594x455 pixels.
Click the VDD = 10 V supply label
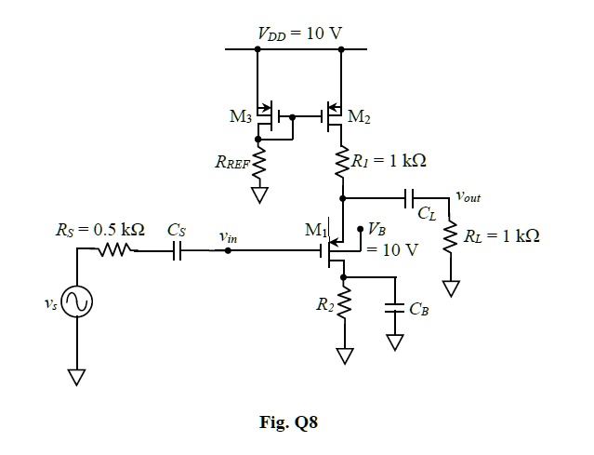click(299, 34)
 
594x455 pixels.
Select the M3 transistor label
click(240, 117)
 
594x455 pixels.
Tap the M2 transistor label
click(359, 117)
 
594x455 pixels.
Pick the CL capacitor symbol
click(410, 197)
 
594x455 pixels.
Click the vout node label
click(469, 197)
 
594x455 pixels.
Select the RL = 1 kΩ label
click(502, 235)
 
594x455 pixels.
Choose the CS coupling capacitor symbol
click(176, 249)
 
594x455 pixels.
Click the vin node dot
click(229, 249)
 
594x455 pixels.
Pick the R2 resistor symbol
click(345, 304)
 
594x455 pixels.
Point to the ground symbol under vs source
click(77, 376)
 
